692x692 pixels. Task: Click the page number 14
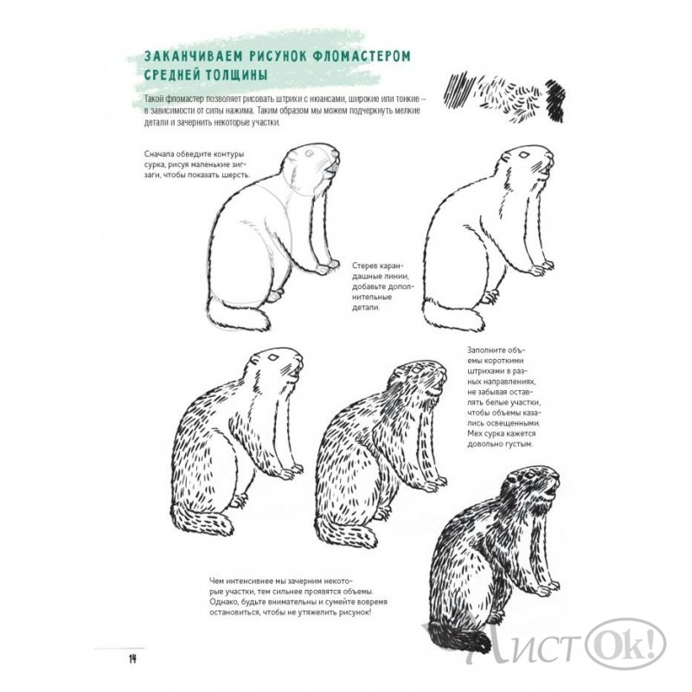132,659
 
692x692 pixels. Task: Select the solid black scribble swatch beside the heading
555,100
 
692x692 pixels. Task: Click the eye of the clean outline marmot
525,155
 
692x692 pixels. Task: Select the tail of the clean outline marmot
453,314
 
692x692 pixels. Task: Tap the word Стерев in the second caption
364,266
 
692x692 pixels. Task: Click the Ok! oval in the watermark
625,643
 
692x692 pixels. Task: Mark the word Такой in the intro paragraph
155,99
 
